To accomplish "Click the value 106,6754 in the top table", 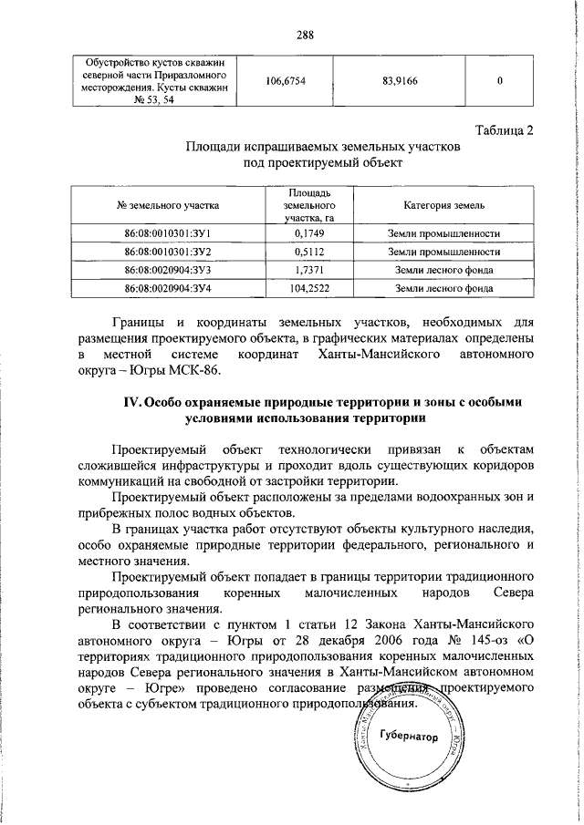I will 285,81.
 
